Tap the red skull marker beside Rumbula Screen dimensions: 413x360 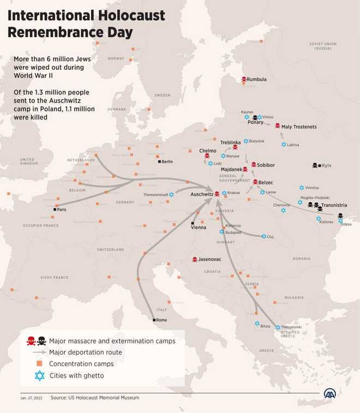[x=244, y=80]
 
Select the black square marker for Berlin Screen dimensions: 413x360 [x=159, y=161]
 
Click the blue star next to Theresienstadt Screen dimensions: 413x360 [x=172, y=194]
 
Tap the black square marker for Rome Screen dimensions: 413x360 [x=154, y=320]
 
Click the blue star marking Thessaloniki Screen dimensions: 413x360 [x=278, y=327]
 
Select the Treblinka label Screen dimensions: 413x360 [x=230, y=142]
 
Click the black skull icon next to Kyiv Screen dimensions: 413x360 [x=315, y=165]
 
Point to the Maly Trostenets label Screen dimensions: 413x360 [x=299, y=127]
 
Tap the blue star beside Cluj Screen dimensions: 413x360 [x=264, y=236]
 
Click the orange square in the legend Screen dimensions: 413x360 [x=39, y=364]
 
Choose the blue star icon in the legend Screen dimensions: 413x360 [x=39, y=375]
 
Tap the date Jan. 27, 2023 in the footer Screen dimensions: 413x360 [x=32, y=398]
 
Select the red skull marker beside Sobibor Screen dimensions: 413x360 [x=253, y=165]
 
